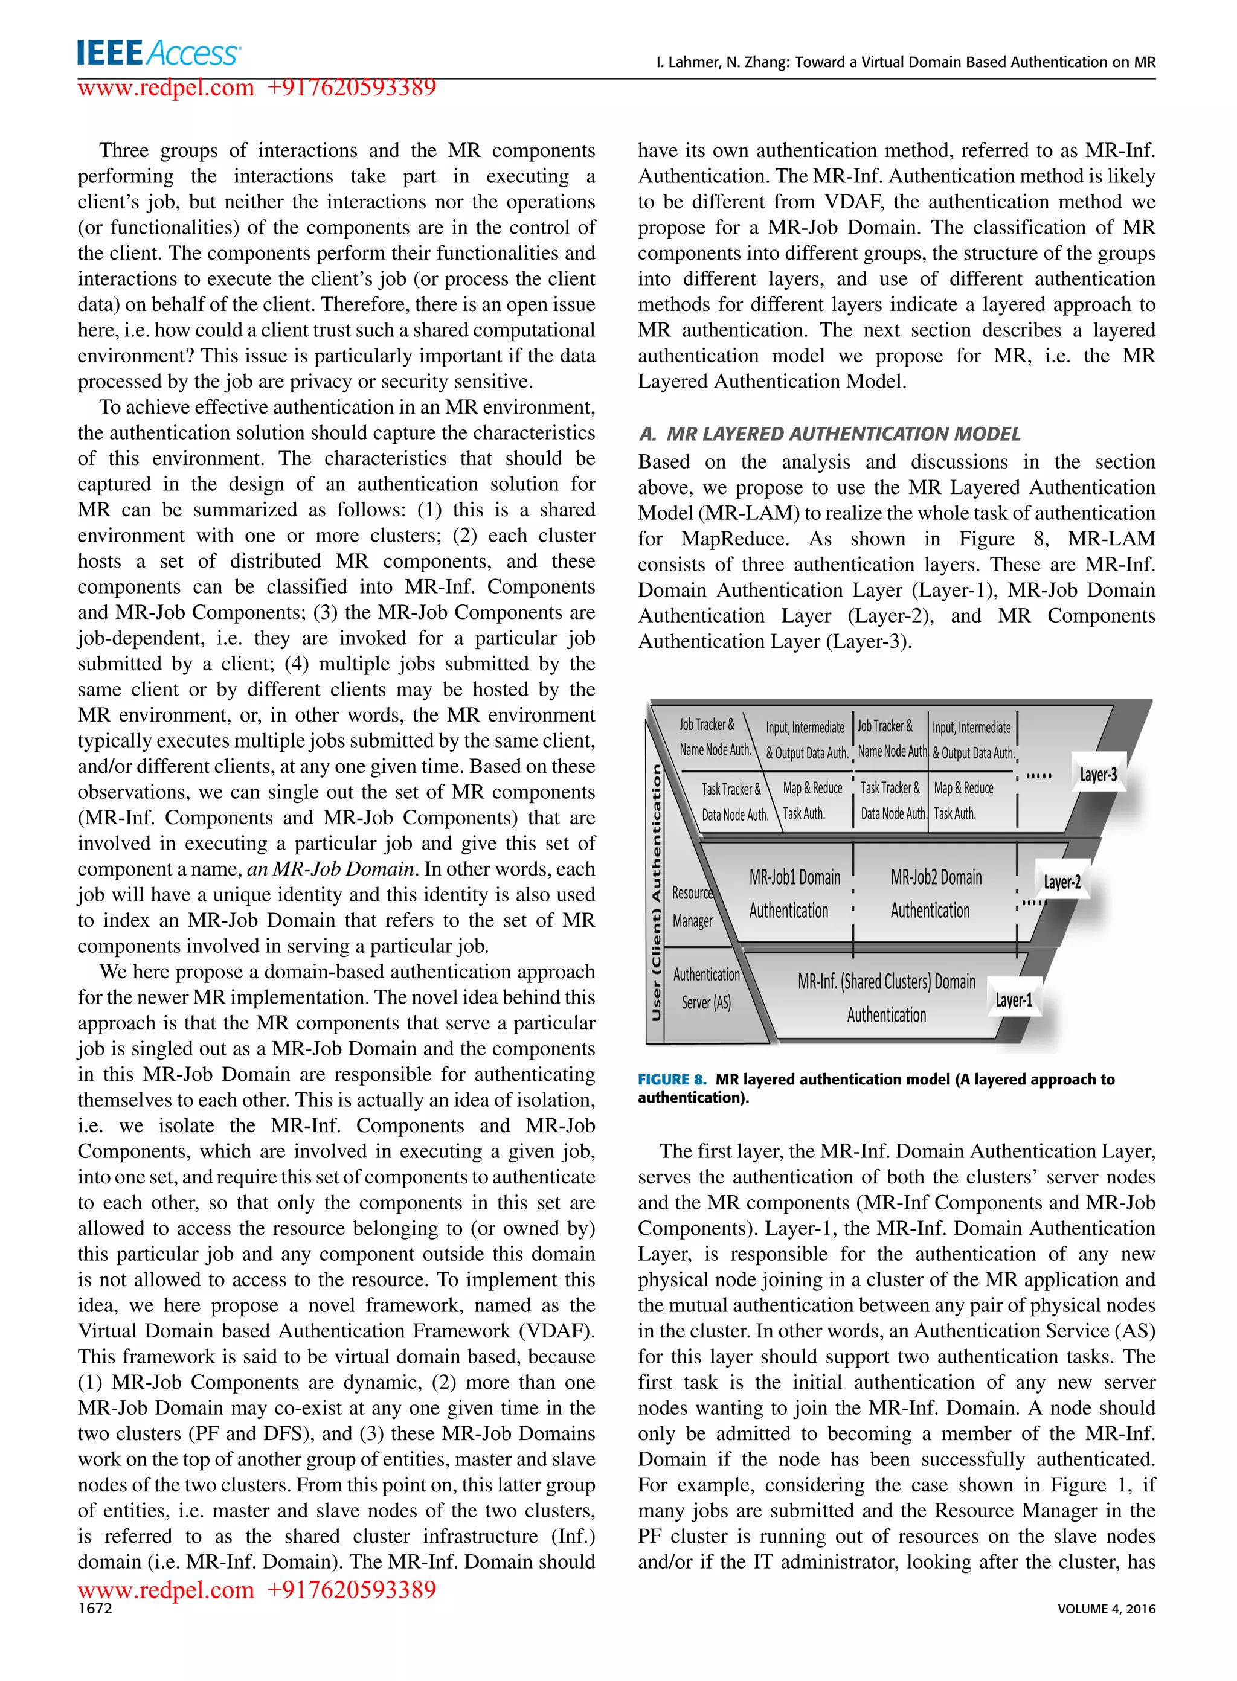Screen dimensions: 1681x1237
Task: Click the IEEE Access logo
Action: [x=159, y=53]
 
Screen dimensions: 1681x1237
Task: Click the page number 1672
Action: [x=95, y=1609]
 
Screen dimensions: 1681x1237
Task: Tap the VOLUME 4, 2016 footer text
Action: [x=1106, y=1609]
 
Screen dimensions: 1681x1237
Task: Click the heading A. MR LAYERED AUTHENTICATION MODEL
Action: [x=829, y=434]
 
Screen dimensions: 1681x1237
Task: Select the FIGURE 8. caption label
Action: [x=672, y=1079]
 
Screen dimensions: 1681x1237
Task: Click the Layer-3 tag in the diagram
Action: [x=1097, y=775]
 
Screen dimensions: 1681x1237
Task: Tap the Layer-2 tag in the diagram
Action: [x=1062, y=882]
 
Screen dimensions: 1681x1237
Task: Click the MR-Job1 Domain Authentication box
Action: [x=794, y=894]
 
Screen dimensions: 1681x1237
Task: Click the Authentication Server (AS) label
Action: [x=706, y=988]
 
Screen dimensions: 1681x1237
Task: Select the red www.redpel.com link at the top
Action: [x=166, y=88]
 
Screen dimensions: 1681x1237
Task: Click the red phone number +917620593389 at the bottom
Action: [x=351, y=1589]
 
